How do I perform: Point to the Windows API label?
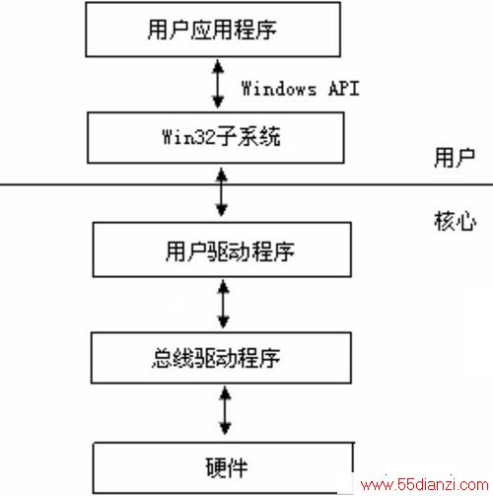click(301, 89)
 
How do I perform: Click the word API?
click(344, 89)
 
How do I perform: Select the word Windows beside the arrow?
click(279, 89)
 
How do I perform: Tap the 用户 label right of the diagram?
click(455, 158)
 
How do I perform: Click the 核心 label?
click(456, 221)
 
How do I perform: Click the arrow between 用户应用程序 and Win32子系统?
click(218, 84)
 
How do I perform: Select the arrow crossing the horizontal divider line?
click(222, 192)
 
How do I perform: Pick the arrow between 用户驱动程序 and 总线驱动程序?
click(224, 304)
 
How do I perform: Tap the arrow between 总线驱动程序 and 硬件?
click(225, 410)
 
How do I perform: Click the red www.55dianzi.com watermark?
click(425, 485)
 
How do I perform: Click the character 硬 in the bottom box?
click(216, 467)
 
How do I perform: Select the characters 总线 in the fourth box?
click(174, 358)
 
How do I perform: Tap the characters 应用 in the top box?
click(212, 30)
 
